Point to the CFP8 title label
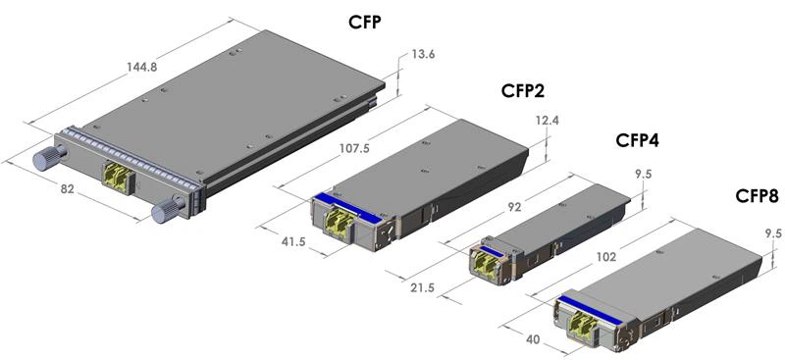(757, 196)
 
